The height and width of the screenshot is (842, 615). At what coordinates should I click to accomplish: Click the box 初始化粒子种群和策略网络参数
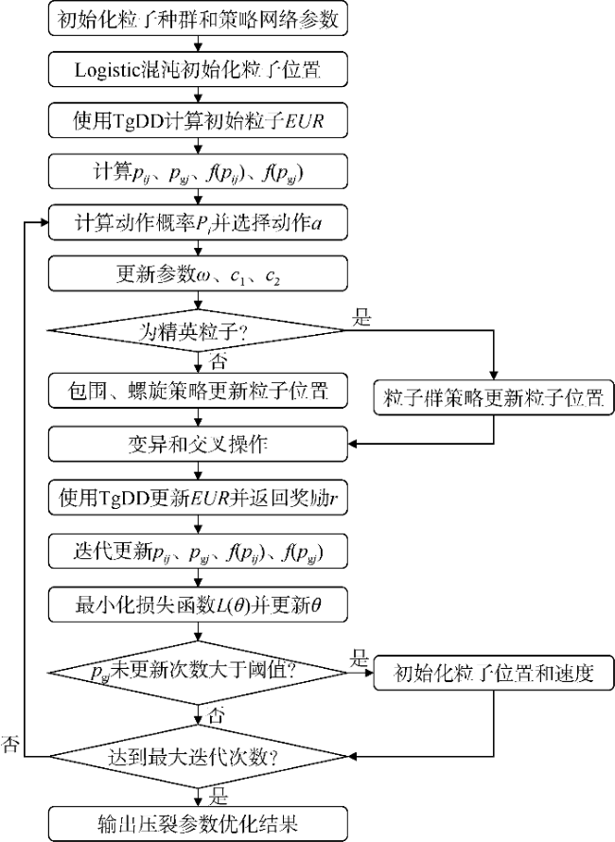coord(198,20)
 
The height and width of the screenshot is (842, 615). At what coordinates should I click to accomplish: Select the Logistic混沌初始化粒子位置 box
coord(198,69)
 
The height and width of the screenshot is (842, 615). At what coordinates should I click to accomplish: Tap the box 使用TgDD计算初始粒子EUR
coord(198,119)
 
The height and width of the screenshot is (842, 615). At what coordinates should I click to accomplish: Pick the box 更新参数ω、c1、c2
coord(198,274)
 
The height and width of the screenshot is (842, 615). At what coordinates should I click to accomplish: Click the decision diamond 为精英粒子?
coord(198,331)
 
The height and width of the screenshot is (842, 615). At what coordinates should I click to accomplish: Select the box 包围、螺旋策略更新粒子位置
coord(198,387)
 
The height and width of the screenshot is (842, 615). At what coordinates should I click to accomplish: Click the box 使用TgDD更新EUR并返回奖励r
coord(198,495)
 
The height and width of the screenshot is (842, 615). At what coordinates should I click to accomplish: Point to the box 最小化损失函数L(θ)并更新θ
coord(198,601)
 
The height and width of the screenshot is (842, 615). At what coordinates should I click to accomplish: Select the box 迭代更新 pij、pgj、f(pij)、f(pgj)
coord(198,548)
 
